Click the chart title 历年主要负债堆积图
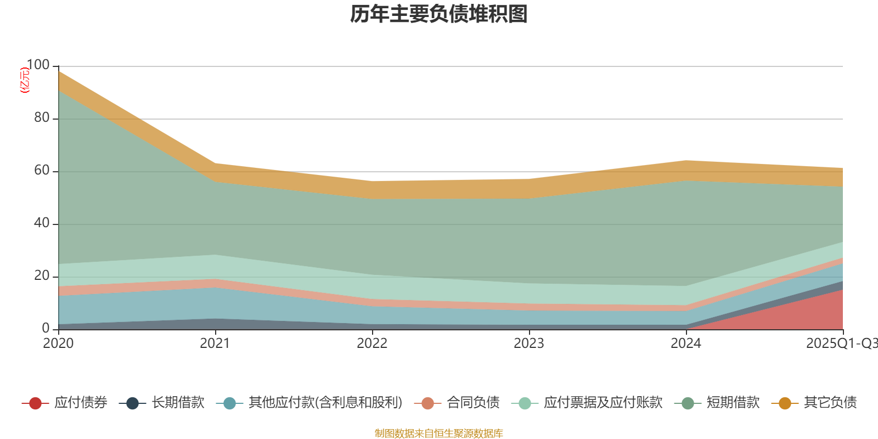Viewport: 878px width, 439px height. coord(439,14)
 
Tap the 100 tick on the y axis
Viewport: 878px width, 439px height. coord(38,65)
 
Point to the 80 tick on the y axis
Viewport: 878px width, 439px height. coord(42,117)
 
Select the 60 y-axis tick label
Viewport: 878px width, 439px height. coord(42,170)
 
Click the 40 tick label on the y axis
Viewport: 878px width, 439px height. coord(42,223)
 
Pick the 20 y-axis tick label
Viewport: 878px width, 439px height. coord(42,275)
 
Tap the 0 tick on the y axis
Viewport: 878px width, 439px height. coord(46,328)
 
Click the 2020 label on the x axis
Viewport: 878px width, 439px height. coord(58,344)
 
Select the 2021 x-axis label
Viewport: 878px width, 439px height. coord(215,344)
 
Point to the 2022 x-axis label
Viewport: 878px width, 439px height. coord(372,344)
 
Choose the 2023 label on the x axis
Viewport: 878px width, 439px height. coord(529,344)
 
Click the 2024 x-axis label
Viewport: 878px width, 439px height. coord(686,344)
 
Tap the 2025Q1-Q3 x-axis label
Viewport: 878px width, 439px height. coord(841,344)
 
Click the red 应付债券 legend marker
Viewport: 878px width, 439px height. coord(35,403)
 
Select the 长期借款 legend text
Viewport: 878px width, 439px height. coord(178,403)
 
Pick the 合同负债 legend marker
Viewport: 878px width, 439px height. coord(428,403)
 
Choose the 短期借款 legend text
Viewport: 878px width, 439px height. coord(733,403)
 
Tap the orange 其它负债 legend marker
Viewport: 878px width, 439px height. coord(785,403)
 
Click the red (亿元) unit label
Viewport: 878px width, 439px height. coord(24,80)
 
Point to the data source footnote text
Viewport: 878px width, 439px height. coord(439,434)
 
